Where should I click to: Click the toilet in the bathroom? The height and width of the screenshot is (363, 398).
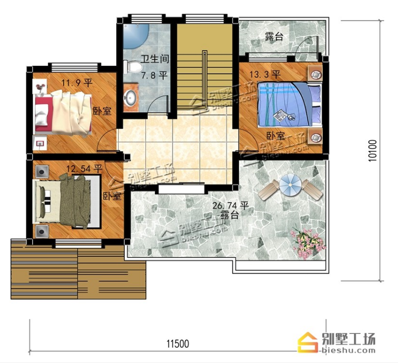132,67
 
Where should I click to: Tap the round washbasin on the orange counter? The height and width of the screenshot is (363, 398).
130,98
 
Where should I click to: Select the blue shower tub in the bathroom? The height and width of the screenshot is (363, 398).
136,36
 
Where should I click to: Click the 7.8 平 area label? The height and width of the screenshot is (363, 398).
154,75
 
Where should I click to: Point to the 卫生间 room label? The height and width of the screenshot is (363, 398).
155,59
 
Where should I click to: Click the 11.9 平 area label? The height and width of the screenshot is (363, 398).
77,82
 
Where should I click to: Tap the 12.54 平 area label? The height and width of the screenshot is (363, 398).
84,168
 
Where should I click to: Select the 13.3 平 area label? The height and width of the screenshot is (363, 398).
265,74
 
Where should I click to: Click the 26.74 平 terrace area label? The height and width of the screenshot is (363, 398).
230,205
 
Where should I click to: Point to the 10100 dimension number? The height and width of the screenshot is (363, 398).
373,150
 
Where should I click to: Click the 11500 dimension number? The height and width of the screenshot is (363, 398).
178,344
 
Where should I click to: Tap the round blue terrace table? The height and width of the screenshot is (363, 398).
290,185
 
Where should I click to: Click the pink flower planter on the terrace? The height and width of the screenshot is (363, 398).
308,243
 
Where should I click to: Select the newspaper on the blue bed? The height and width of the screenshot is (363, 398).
280,115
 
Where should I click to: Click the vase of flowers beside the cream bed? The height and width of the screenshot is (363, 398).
40,87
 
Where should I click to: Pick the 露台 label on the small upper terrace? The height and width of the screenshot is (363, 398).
274,36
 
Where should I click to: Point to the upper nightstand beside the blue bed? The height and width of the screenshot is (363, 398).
315,73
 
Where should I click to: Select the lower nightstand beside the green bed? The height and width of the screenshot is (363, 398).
42,231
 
